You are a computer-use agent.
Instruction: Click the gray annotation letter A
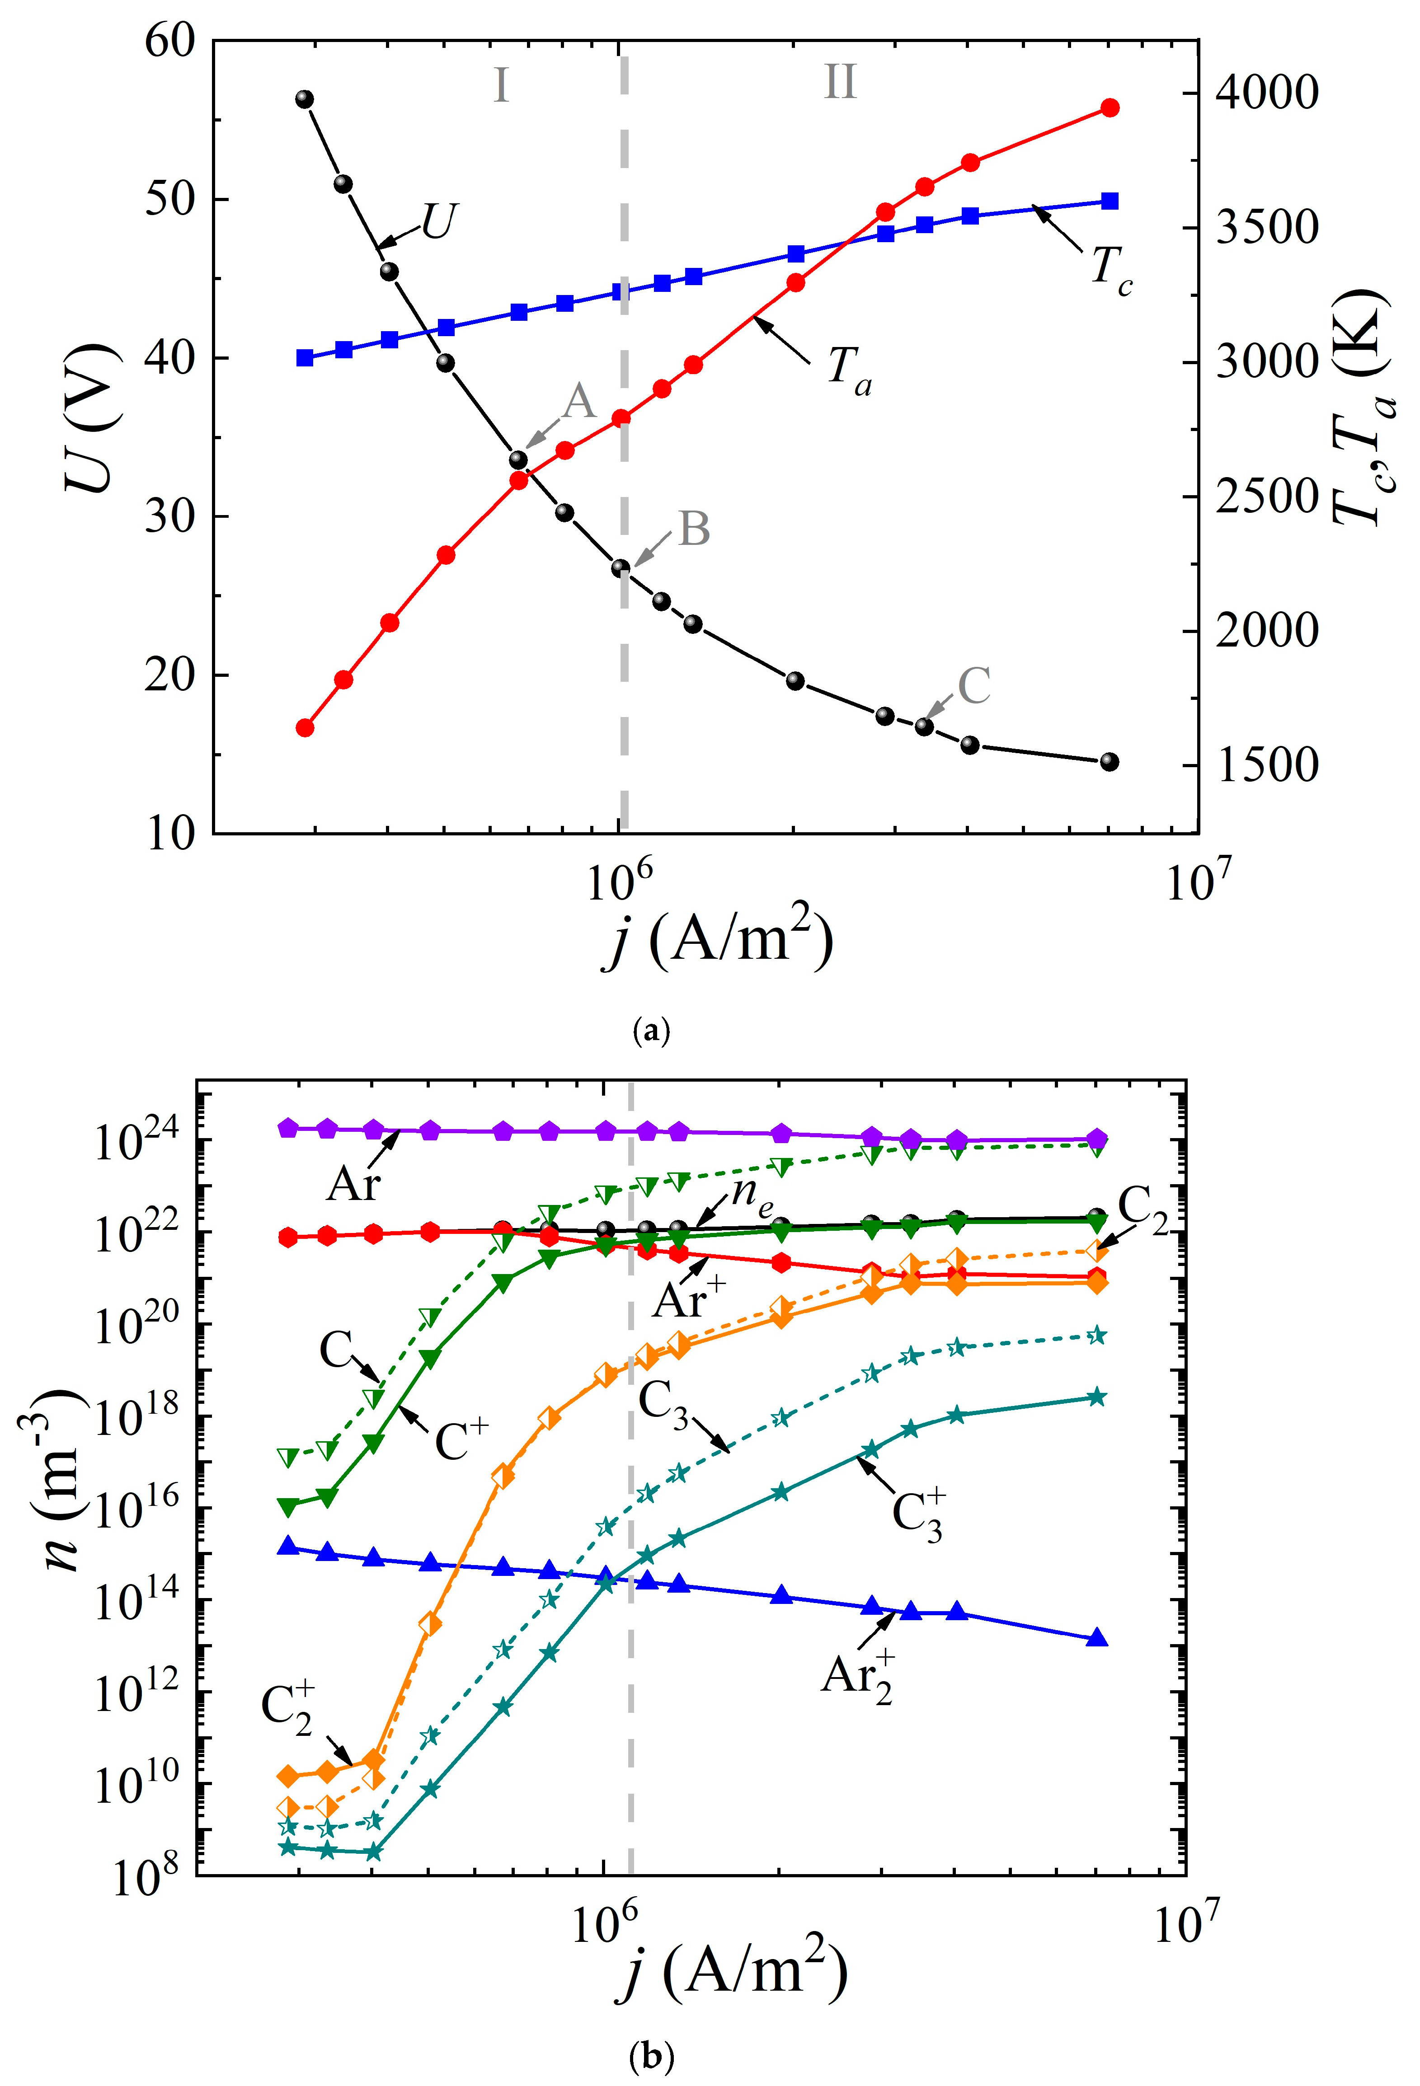point(579,401)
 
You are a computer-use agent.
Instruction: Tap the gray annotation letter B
point(694,530)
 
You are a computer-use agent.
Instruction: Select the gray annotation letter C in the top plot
point(974,687)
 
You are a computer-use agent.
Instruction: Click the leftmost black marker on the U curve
point(304,99)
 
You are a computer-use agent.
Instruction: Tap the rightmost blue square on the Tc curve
point(1110,201)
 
